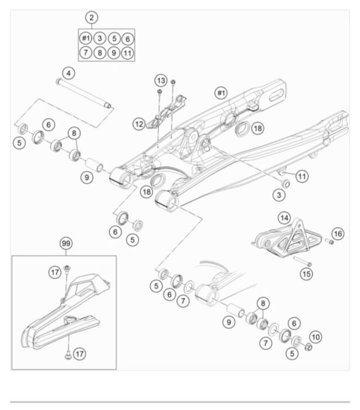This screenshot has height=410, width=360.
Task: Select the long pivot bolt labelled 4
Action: click(x=84, y=94)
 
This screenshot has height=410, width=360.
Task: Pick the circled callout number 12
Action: click(x=138, y=124)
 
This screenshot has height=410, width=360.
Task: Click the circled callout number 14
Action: click(x=284, y=218)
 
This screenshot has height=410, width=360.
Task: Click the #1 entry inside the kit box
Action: click(x=86, y=39)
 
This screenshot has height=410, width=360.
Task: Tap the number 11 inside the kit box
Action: click(x=128, y=53)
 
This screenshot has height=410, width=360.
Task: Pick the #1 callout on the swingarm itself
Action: click(x=221, y=93)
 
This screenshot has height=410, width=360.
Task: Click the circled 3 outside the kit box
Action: click(x=280, y=193)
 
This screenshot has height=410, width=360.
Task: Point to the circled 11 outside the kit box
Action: click(x=302, y=176)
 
